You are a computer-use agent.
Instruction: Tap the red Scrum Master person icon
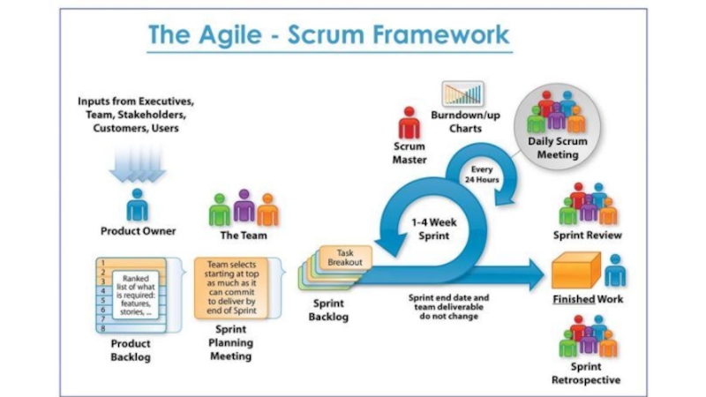[409, 124]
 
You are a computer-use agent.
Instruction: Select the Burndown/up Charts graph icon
[463, 94]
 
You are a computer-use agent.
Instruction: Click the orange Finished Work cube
[574, 270]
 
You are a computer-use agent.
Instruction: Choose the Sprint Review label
[588, 236]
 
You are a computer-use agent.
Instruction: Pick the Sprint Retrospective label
[588, 373]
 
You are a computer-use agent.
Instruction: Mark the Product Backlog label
[129, 349]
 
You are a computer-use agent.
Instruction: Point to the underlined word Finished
[573, 299]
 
